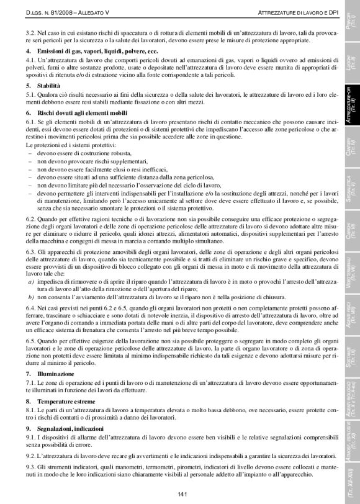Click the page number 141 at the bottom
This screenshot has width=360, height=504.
point(182,493)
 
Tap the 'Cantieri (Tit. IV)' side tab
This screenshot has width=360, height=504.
point(351,161)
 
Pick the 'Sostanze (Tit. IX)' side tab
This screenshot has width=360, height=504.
point(351,359)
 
